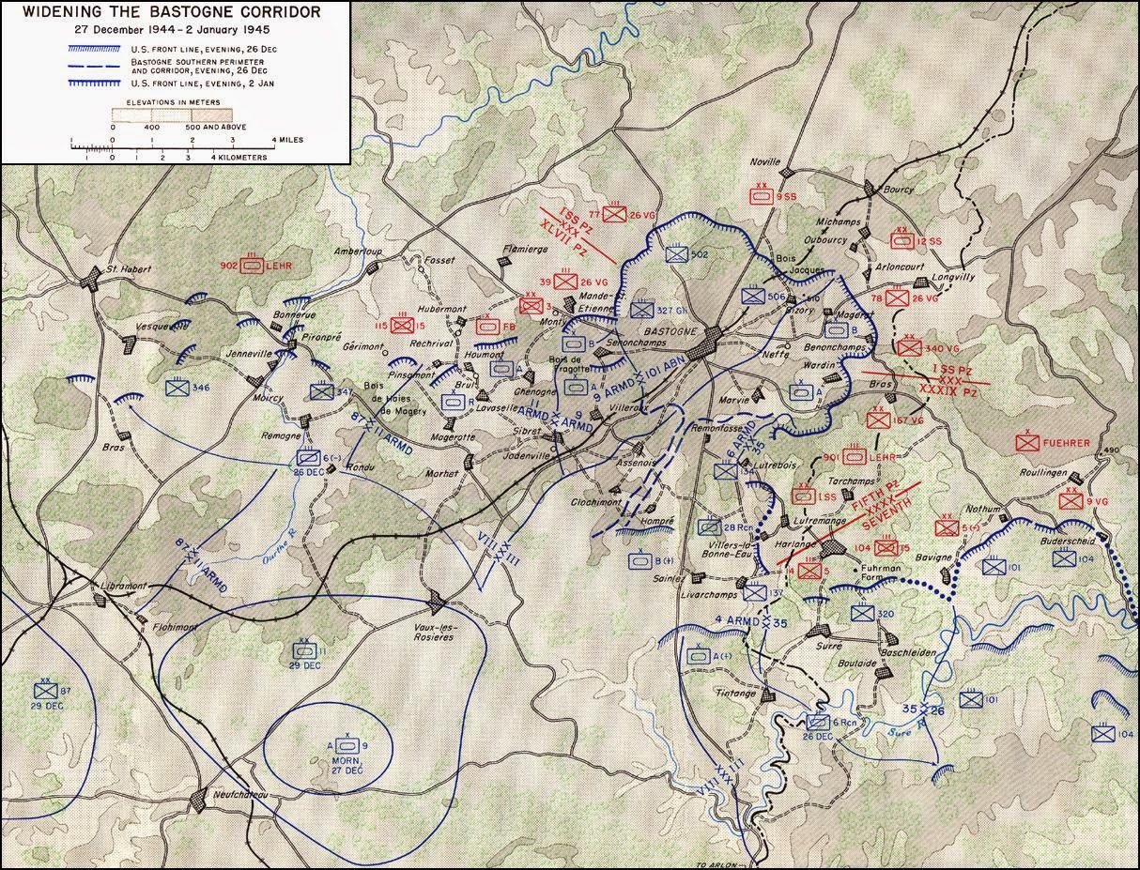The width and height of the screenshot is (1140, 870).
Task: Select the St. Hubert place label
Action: [123, 267]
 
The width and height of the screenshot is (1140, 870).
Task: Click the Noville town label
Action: [764, 161]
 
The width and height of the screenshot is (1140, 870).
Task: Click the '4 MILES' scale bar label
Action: [285, 139]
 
